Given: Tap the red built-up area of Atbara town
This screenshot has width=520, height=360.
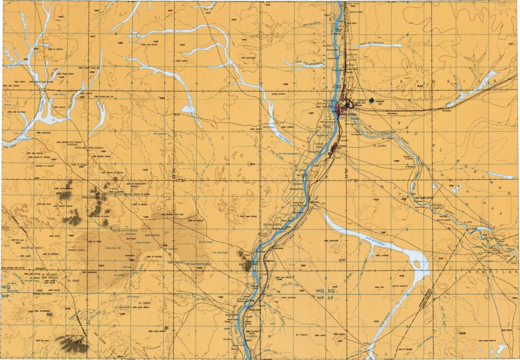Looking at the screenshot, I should (339, 110).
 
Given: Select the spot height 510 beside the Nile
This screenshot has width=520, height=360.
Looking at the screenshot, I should (242, 264).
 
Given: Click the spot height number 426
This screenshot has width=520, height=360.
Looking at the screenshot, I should (461, 333).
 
